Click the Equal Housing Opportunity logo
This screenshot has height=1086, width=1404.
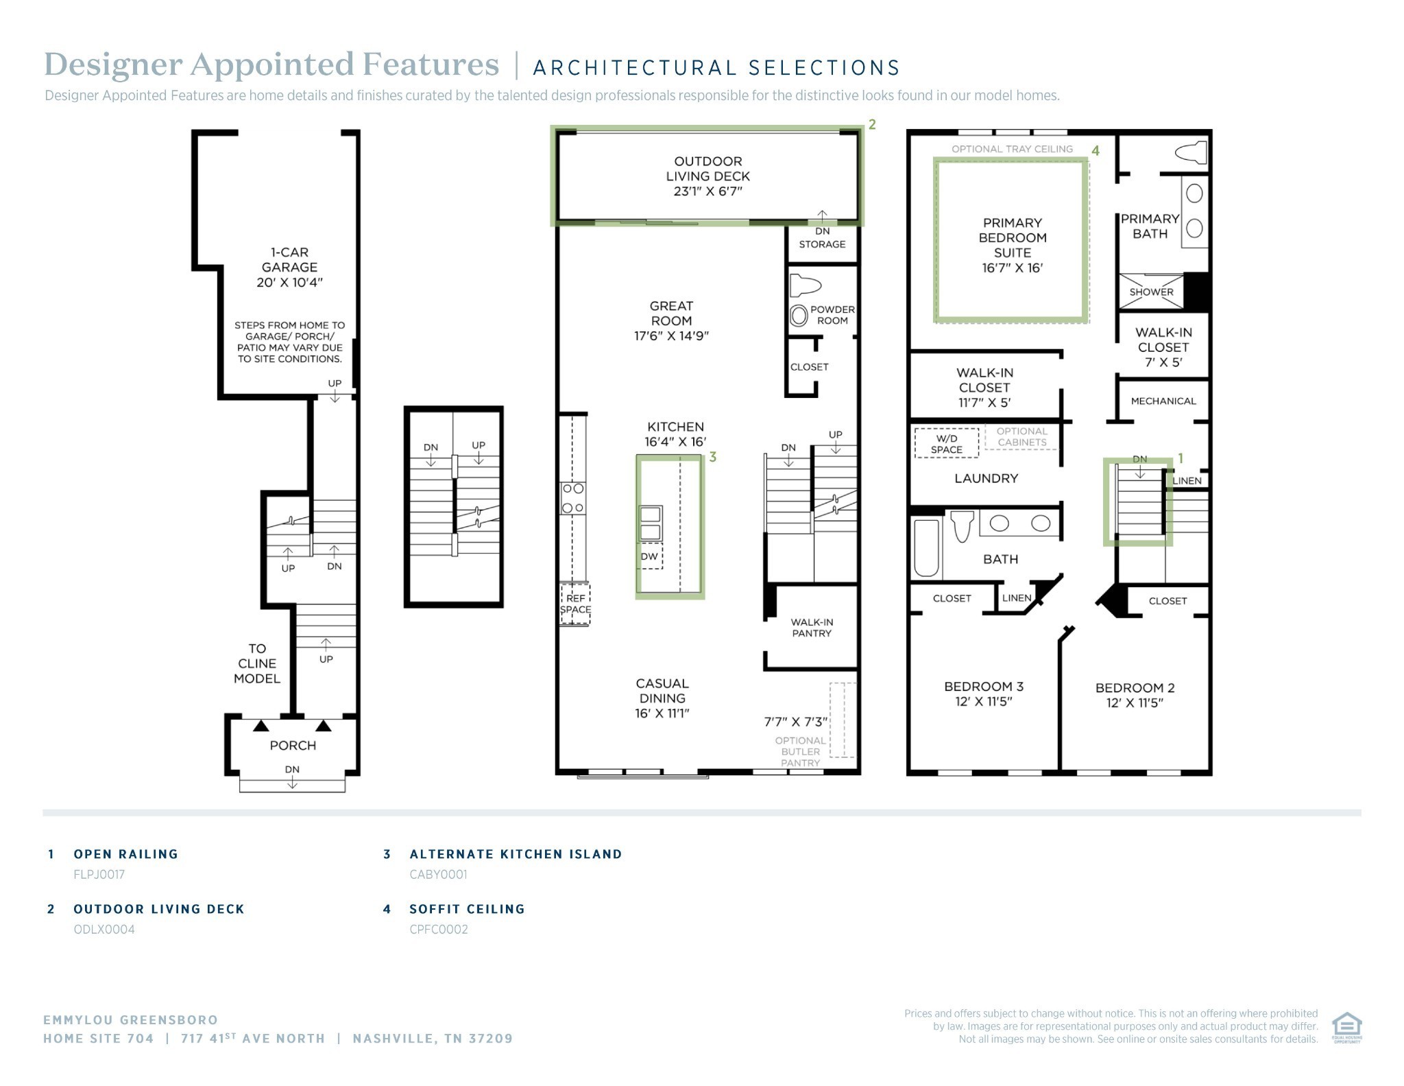click(1346, 1027)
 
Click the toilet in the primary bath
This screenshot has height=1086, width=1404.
click(1191, 152)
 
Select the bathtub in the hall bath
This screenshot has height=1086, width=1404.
click(926, 547)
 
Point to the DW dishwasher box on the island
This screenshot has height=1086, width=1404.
click(650, 556)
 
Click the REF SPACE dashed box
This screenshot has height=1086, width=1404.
click(575, 604)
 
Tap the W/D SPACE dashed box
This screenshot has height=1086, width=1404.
click(946, 443)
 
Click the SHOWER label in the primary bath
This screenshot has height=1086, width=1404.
click(1152, 292)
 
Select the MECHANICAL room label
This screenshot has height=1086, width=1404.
click(1163, 401)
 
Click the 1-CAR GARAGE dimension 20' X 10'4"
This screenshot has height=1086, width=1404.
click(289, 282)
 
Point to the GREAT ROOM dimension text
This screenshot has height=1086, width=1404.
click(671, 335)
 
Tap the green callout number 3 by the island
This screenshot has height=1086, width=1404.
click(713, 457)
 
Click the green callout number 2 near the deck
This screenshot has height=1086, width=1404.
click(872, 124)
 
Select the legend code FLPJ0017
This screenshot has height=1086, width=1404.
click(99, 874)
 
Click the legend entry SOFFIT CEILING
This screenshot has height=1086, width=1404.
click(467, 909)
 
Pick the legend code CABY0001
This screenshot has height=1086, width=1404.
click(438, 874)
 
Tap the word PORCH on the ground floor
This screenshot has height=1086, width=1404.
click(293, 745)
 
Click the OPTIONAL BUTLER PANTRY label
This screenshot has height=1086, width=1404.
click(801, 751)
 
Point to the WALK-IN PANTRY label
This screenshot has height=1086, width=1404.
click(812, 627)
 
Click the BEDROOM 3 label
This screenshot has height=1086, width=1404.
click(984, 686)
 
